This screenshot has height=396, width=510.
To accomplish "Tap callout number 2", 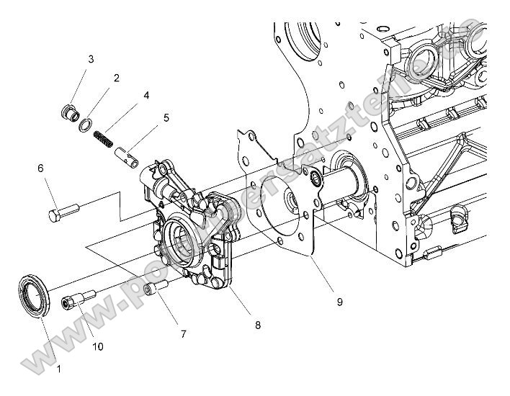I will pos(116,77).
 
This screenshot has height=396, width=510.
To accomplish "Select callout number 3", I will pos(91,59).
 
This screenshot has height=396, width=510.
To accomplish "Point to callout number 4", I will pos(146,94).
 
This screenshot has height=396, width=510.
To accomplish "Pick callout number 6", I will pos(41,168).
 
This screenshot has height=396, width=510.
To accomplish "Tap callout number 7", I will pos(183,334).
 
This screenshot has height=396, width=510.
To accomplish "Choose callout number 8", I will pos(258,325).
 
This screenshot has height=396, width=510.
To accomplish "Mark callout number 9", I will pos(339,302).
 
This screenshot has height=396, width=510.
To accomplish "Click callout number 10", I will pos(98,346).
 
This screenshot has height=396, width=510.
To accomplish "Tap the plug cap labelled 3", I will pos(70,113).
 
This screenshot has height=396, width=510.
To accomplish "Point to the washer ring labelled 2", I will pos(85,124).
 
